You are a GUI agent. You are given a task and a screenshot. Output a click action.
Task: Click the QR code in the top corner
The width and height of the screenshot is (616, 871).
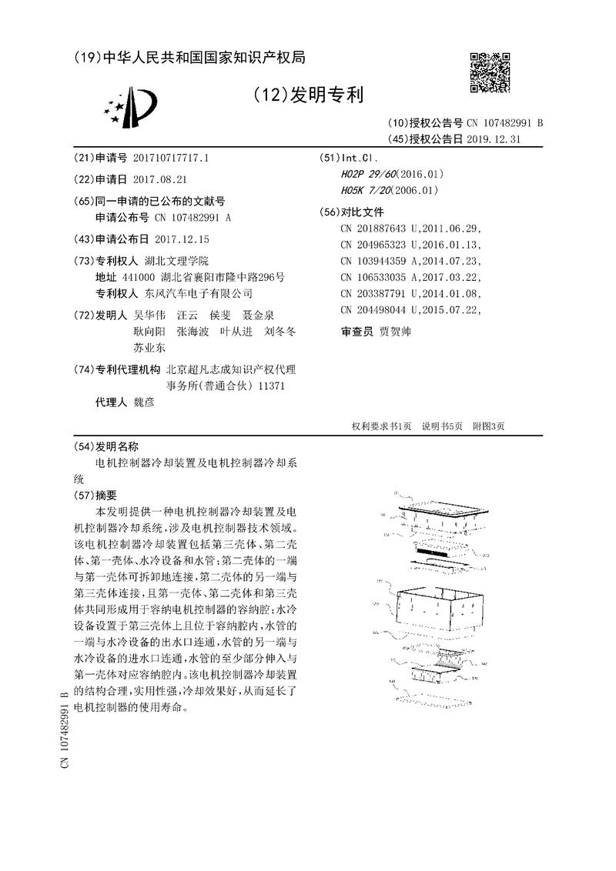490,73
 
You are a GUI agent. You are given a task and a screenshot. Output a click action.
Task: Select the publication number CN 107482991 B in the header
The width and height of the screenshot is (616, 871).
505,123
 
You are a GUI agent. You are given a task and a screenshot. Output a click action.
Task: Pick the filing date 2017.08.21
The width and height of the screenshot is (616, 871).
160,179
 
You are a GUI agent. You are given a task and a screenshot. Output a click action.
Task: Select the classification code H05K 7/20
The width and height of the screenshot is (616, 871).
364,190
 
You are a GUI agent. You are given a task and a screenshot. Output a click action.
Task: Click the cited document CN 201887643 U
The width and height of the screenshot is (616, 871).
382,229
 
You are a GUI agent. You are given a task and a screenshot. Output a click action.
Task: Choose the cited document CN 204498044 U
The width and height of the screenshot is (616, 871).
382,310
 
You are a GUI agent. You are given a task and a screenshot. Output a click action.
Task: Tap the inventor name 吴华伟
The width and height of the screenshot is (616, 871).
149,315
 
